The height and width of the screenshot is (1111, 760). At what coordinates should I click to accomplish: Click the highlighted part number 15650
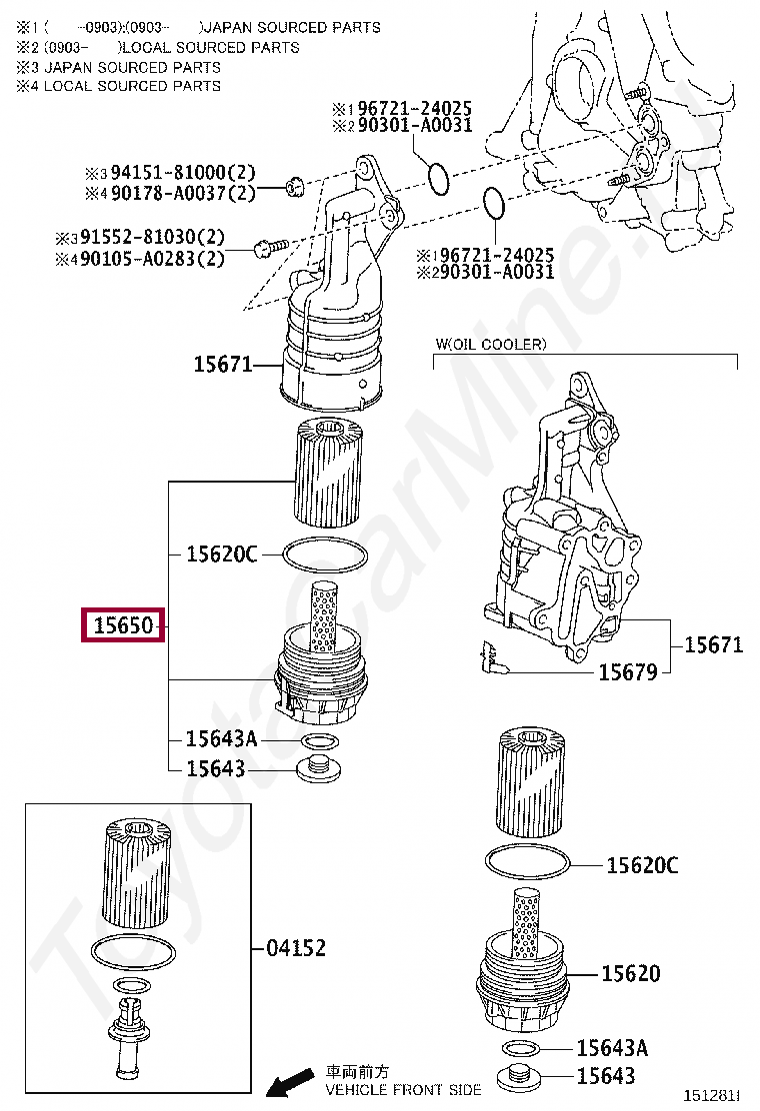tap(123, 625)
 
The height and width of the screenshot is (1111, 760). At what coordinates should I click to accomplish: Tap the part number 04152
tap(296, 947)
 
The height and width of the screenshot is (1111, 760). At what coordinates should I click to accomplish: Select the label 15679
tap(628, 671)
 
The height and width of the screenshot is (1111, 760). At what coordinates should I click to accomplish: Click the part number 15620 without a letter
tap(630, 973)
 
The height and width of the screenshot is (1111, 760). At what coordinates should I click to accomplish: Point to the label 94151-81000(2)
tap(183, 172)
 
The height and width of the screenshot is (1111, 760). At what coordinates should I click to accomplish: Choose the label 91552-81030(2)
tap(152, 237)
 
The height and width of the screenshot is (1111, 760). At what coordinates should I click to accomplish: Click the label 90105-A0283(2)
tap(152, 259)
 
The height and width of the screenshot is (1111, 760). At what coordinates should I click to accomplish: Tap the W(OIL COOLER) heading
tap(491, 345)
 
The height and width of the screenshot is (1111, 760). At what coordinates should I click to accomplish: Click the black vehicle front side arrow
tap(290, 1082)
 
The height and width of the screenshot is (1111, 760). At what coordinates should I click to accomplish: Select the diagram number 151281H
tap(711, 1095)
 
